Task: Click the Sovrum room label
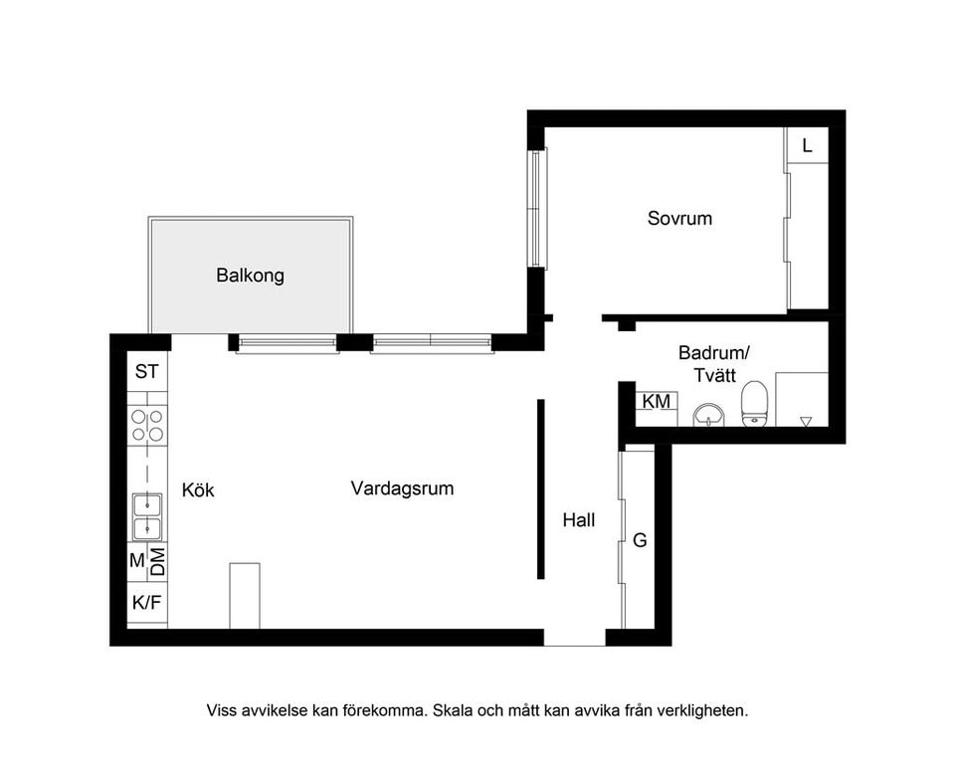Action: (679, 218)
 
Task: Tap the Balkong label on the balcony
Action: (251, 276)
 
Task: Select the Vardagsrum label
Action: (402, 488)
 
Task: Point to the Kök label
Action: (198, 490)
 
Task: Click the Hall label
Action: (579, 520)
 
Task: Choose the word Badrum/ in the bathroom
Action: (714, 352)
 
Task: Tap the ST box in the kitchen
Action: (147, 371)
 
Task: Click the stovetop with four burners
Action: (147, 425)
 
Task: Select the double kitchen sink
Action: (147, 517)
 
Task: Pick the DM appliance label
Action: (158, 561)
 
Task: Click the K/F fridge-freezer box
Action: (147, 603)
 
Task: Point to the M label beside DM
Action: (137, 560)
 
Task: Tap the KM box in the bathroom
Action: (657, 402)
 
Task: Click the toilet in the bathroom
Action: (754, 403)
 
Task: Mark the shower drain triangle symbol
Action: (806, 421)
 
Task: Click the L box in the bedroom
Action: (808, 145)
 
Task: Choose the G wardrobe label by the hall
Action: (640, 540)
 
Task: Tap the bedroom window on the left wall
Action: (536, 208)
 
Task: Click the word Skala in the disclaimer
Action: (452, 710)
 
